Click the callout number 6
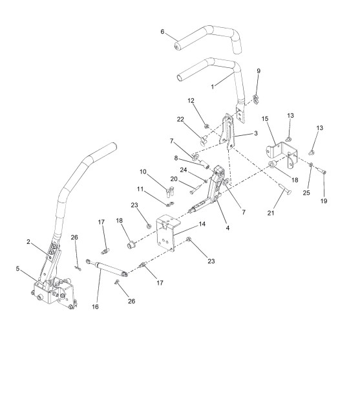162,32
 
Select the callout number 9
259,71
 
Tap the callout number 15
265,118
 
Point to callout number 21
271,213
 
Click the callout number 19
324,201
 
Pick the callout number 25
306,193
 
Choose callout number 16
95,307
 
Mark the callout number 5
17,269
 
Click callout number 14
202,224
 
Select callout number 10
143,171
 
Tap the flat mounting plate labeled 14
168,232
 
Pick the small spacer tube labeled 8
205,165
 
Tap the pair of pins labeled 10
171,191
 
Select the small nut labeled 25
311,164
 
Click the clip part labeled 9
256,99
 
